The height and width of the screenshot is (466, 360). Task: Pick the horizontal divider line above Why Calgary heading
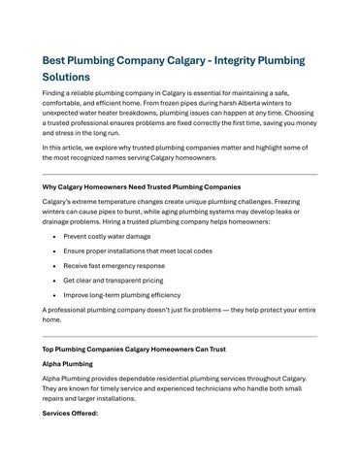pos(180,174)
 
